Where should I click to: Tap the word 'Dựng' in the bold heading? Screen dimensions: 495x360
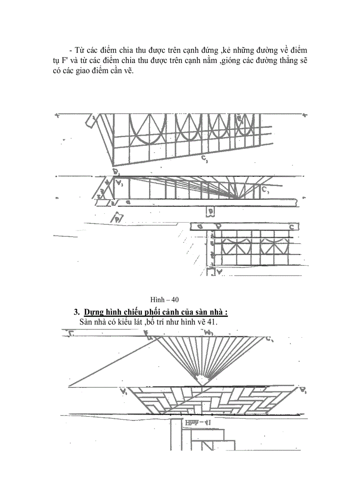(x=94, y=313)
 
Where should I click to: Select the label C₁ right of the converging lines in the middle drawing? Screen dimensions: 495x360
(x=265, y=190)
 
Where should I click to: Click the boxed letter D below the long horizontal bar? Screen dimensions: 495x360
(x=211, y=212)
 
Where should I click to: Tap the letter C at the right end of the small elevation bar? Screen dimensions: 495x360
(x=292, y=227)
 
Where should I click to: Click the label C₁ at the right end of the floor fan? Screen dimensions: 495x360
(x=269, y=339)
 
